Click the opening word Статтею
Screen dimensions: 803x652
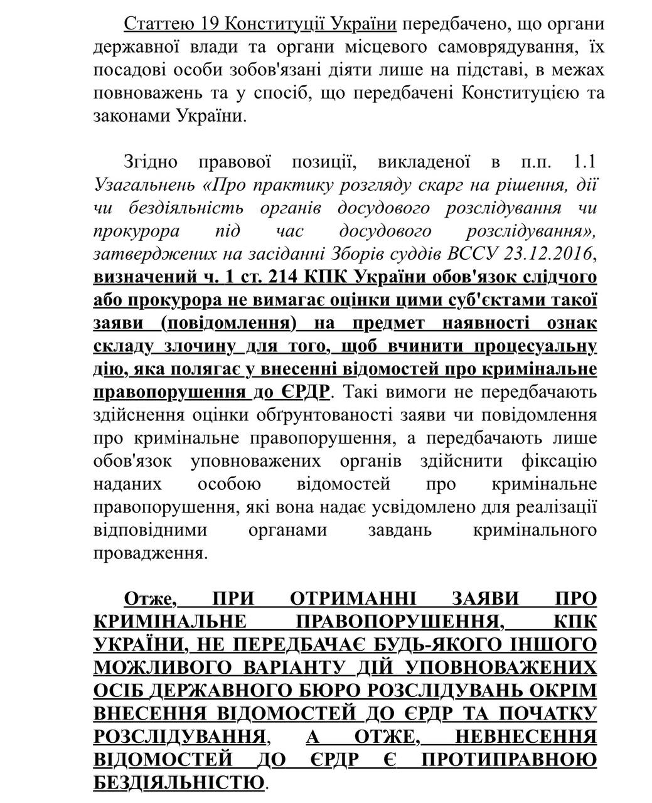click(x=159, y=24)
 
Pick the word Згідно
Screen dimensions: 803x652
click(x=151, y=162)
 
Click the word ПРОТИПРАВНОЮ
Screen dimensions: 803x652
click(x=509, y=760)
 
